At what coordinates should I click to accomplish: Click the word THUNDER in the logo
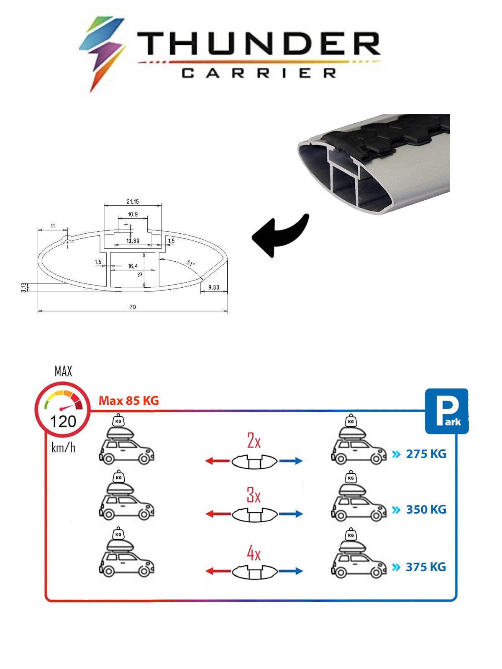[259, 43]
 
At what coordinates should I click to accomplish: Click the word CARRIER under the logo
[259, 73]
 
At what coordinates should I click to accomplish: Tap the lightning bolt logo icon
[102, 54]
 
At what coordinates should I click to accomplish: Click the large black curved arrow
[280, 235]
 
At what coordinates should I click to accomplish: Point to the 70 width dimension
[133, 306]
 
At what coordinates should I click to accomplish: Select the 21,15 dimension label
[133, 202]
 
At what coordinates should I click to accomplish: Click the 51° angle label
[190, 263]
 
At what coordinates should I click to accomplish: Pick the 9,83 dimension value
[214, 287]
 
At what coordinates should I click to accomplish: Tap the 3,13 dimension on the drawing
[24, 287]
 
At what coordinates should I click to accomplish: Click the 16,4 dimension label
[133, 266]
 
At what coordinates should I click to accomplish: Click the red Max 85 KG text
[128, 401]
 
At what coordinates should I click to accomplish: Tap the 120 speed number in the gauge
[63, 421]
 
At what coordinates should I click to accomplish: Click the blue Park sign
[447, 411]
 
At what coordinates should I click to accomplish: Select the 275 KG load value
[426, 454]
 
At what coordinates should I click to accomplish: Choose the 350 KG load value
[426, 509]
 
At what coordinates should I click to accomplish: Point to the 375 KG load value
[426, 567]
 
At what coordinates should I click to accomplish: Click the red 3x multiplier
[254, 494]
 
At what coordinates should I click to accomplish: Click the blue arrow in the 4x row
[290, 571]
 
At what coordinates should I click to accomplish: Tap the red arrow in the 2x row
[217, 460]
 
